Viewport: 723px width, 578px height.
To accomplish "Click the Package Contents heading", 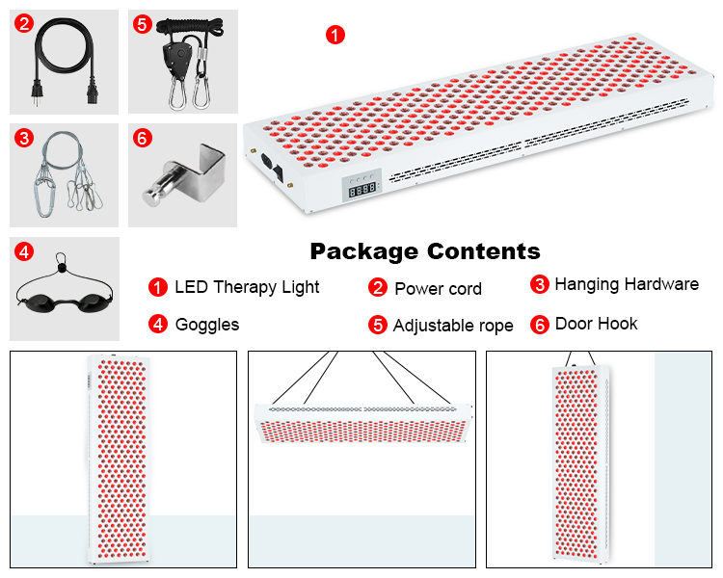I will (425, 252).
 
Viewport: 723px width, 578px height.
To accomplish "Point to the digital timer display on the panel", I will (362, 191).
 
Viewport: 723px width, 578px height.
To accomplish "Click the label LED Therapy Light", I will (247, 287).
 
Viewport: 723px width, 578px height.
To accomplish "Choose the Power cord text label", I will (438, 288).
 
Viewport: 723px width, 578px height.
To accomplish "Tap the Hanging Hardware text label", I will (627, 284).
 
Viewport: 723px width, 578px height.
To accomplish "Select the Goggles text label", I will (207, 325).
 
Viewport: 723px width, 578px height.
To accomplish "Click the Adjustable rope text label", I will (453, 326).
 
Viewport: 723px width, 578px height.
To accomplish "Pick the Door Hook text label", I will (596, 324).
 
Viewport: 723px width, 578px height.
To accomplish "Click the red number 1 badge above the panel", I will (335, 35).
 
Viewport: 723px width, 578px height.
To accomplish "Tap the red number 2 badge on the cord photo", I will (24, 23).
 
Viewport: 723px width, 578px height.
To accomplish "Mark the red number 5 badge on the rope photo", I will (143, 23).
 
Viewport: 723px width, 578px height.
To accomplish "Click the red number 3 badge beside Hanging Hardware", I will (540, 285).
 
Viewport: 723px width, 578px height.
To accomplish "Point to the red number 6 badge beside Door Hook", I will (540, 325).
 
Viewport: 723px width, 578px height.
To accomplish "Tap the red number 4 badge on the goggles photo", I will (24, 252).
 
